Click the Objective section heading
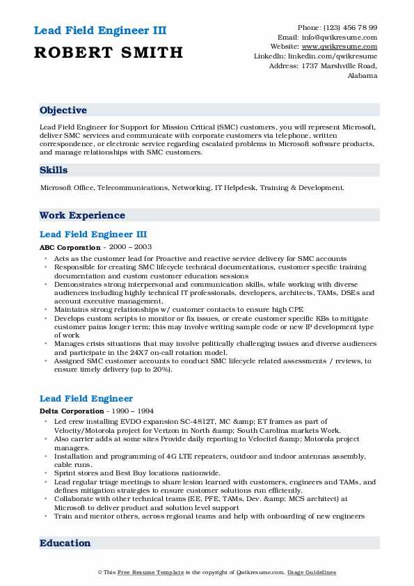pos(63,111)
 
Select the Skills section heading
pos(54,170)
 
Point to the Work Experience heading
pos(82,216)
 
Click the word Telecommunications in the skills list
pos(132,188)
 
